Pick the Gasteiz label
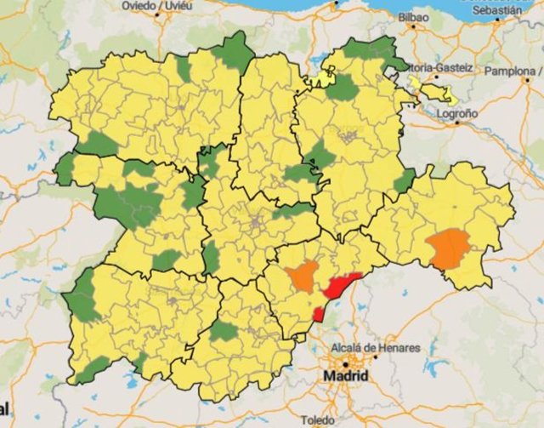pos(456,67)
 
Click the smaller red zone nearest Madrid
pos(319,314)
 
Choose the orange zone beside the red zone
pos(303,276)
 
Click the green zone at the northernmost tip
pos(234,53)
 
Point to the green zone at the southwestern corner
pos(92,368)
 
